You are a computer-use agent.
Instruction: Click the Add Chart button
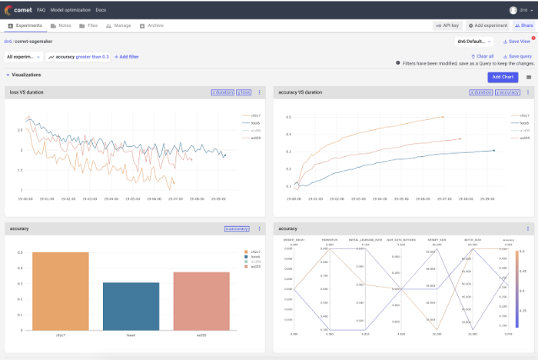point(503,77)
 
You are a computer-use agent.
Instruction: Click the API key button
point(446,25)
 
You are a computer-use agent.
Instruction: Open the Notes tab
point(61,25)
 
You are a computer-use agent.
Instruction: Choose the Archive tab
point(153,25)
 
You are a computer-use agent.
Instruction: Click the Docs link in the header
point(101,10)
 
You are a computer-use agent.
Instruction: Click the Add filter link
point(127,57)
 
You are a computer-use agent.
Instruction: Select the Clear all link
point(483,56)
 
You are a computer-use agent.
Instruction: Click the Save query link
point(517,56)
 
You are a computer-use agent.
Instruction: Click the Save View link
point(516,42)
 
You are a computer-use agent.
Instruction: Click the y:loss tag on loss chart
point(244,92)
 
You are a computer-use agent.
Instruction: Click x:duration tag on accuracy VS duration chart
point(481,92)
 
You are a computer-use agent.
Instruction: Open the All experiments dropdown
point(23,57)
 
